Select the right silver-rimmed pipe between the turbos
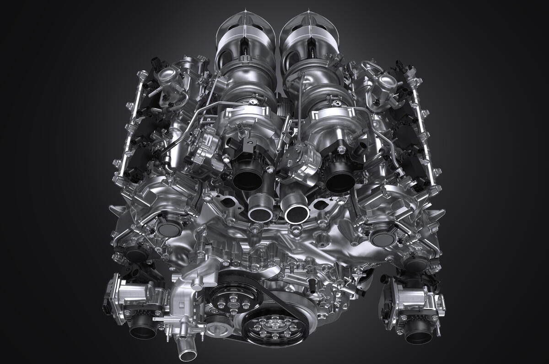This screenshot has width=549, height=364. tap(296, 212)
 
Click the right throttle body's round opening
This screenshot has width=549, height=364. tap(418, 334)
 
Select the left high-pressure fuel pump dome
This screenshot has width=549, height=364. tap(167, 75)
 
